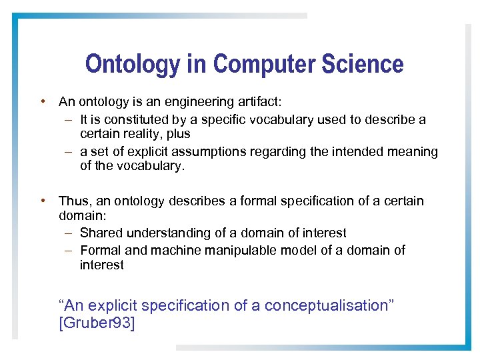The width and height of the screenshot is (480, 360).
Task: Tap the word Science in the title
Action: [363, 65]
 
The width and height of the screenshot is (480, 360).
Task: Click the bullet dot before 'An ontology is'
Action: [43, 102]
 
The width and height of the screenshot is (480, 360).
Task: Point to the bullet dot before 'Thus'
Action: [43, 201]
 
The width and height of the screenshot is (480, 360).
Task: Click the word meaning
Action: [413, 152]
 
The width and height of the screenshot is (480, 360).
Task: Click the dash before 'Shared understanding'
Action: [69, 233]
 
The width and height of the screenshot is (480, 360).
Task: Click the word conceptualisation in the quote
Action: [329, 306]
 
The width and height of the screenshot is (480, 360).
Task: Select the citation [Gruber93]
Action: [97, 324]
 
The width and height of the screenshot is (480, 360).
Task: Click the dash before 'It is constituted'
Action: [69, 120]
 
